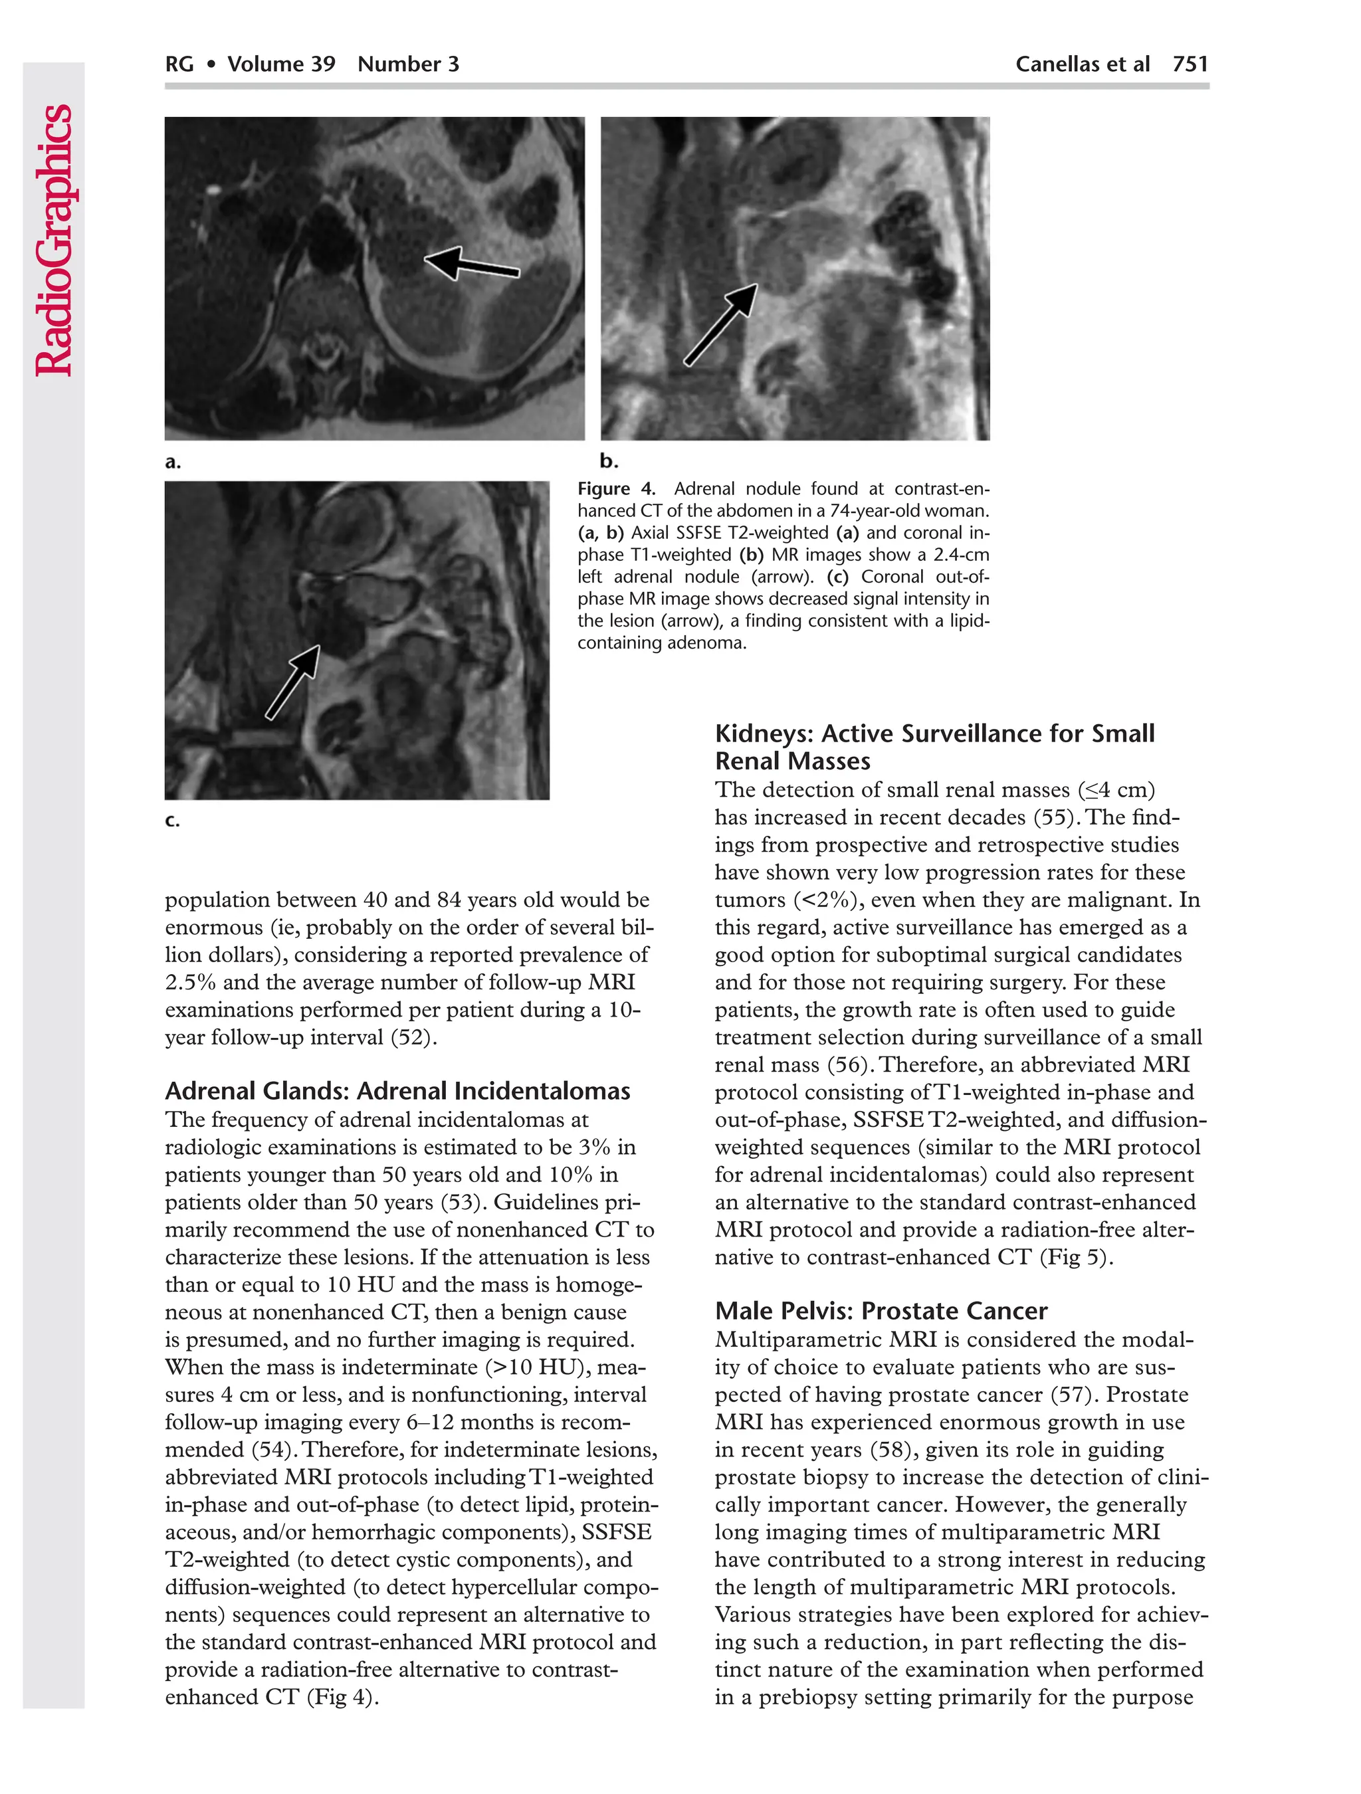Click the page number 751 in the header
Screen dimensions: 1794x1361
pyautogui.click(x=1190, y=64)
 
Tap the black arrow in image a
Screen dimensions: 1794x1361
pyautogui.click(x=471, y=264)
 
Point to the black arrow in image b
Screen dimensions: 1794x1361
pyautogui.click(x=721, y=324)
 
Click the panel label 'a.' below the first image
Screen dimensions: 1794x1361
pyautogui.click(x=173, y=462)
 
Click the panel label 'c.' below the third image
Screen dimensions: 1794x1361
pyautogui.click(x=172, y=820)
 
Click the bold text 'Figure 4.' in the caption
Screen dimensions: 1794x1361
pyautogui.click(x=615, y=489)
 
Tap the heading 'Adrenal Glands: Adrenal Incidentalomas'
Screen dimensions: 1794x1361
pyautogui.click(x=397, y=1091)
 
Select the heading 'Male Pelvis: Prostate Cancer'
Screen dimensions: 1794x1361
pyautogui.click(x=881, y=1311)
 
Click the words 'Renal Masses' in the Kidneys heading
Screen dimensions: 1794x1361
pyautogui.click(x=792, y=761)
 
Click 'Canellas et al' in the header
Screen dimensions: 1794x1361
pyautogui.click(x=1082, y=64)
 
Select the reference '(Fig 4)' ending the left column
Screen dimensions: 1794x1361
pyautogui.click(x=342, y=1697)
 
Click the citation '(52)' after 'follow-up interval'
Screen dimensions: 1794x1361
pyautogui.click(x=413, y=1037)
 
